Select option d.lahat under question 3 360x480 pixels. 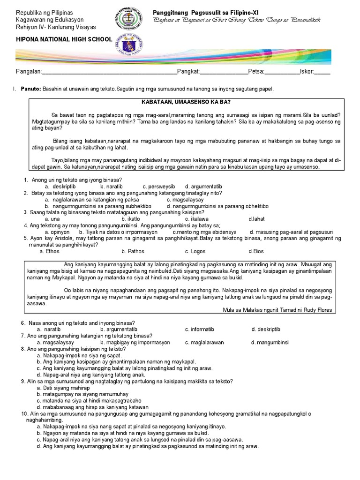coord(257,218)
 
